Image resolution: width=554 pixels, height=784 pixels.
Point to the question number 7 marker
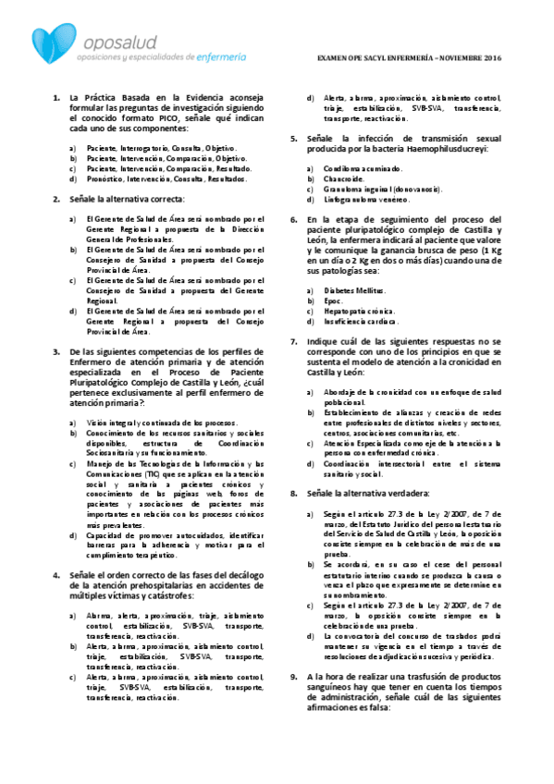293,342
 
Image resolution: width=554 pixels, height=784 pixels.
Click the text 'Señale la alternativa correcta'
125,199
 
